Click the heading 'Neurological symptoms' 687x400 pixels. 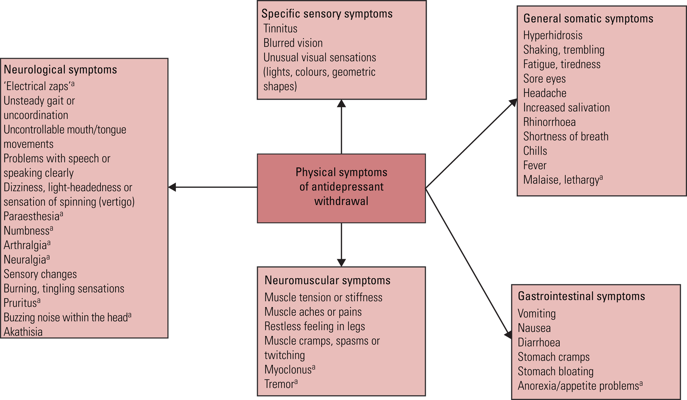point(60,69)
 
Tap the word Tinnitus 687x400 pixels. point(280,29)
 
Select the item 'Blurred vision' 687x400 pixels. point(293,43)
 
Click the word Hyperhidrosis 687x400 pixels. point(552,35)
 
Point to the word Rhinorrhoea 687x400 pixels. point(549,122)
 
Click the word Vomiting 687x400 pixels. point(536,314)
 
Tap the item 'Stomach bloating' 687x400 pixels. point(555,371)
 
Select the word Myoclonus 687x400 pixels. point(288,370)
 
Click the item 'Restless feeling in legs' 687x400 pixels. point(314,326)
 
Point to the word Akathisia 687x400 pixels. point(23,332)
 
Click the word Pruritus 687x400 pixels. point(20,303)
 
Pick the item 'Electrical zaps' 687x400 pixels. point(37,86)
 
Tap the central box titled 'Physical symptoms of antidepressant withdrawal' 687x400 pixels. point(341,188)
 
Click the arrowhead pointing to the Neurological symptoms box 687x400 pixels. point(173,187)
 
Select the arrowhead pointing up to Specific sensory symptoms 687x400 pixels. point(342,104)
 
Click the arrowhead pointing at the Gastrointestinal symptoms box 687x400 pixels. point(508,335)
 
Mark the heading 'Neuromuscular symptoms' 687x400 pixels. point(327,280)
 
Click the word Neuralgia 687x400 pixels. point(25,259)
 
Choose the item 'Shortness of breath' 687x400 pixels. point(565,137)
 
